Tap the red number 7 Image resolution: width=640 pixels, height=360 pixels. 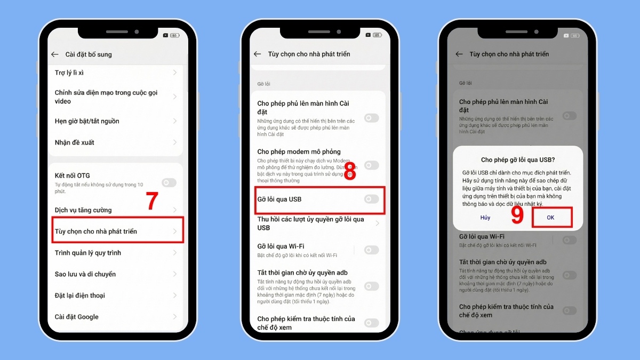pyautogui.click(x=152, y=201)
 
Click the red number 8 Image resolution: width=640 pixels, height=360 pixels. pyautogui.click(x=350, y=173)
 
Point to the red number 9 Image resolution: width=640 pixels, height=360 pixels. pyautogui.click(x=517, y=214)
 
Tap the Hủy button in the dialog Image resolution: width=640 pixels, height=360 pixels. pyautogui.click(x=485, y=218)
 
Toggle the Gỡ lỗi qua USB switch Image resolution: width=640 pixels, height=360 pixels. pyautogui.click(x=371, y=199)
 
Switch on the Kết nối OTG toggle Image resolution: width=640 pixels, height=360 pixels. pyautogui.click(x=169, y=182)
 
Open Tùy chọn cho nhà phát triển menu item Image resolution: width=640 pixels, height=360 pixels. pyautogui.click(x=117, y=231)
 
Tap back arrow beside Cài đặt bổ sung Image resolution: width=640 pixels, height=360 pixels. pyautogui.click(x=54, y=54)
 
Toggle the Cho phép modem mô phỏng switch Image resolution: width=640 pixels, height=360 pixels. pyautogui.click(x=371, y=165)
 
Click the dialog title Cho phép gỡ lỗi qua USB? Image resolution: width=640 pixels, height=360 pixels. pyautogui.click(x=517, y=159)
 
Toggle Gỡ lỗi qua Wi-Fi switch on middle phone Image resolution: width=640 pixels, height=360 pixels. pyautogui.click(x=371, y=250)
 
